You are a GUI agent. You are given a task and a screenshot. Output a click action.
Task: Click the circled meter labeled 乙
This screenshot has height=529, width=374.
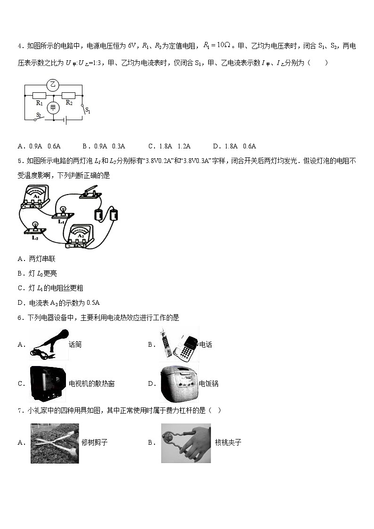point(53,85)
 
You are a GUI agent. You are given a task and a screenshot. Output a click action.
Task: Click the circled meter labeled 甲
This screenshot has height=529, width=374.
point(53,108)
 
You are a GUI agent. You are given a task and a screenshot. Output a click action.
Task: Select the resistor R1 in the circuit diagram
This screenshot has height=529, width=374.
point(39,96)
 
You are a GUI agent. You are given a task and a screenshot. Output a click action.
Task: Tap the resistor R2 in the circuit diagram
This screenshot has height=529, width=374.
point(69,96)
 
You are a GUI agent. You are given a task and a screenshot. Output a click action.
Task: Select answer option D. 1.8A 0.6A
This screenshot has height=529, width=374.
point(234,146)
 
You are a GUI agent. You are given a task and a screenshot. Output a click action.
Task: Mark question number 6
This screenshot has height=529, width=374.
point(20,318)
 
